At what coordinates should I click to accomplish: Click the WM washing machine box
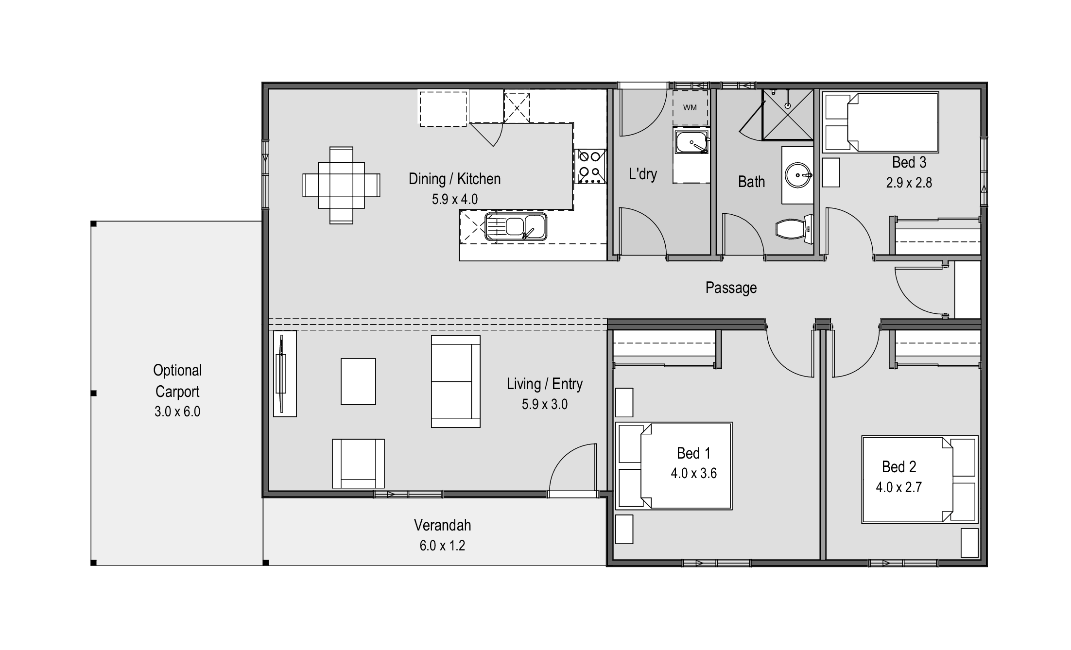690,107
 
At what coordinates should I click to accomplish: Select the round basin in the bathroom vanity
797,175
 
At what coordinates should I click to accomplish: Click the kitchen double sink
516,227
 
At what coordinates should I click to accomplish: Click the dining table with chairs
341,185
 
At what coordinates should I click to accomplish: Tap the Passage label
731,288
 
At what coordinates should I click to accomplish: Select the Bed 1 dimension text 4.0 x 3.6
693,473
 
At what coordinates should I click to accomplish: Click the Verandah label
442,525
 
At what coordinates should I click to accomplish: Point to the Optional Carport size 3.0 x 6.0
177,411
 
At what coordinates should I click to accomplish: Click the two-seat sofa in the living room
455,381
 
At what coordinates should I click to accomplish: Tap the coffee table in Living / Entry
358,381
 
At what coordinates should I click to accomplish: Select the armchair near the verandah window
358,463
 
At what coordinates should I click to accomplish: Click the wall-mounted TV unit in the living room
284,374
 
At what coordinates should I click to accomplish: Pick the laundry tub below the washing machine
691,144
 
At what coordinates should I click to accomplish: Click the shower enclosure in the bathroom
787,114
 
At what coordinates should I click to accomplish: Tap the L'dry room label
642,173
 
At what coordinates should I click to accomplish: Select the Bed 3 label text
909,162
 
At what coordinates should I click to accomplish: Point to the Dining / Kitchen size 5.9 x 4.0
454,199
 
